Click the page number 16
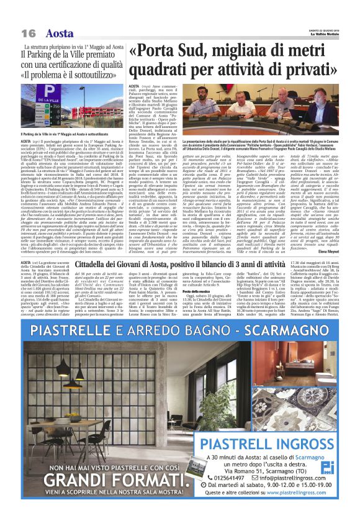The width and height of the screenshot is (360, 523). point(28,32)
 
